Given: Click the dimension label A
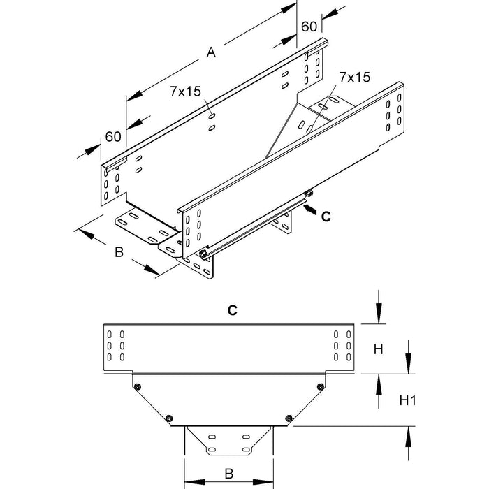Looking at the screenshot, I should click(x=212, y=52).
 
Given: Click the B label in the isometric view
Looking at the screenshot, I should click(x=119, y=252).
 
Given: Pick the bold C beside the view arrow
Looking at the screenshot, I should click(x=325, y=217).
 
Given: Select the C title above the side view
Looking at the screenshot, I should click(x=233, y=312).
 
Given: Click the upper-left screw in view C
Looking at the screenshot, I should click(x=138, y=386).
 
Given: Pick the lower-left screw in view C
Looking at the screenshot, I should click(x=170, y=417).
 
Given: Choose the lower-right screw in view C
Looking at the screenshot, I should click(x=288, y=417).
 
